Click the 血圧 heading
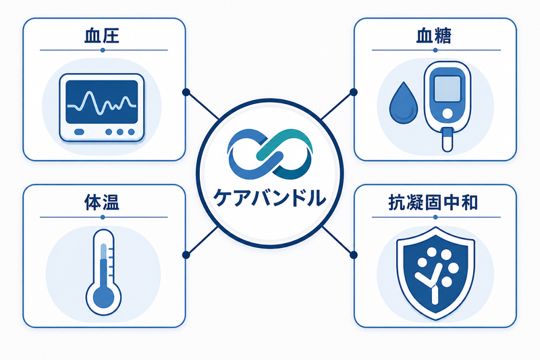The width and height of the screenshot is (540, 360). pyautogui.click(x=102, y=36)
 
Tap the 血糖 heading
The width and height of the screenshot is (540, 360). pyautogui.click(x=433, y=36)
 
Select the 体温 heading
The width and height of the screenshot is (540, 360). pyautogui.click(x=102, y=203)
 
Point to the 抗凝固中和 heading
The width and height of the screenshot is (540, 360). pyautogui.click(x=433, y=203)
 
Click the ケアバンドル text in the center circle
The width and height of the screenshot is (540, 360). pyautogui.click(x=269, y=198)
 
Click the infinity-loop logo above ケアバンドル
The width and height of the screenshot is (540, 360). pyautogui.click(x=270, y=154)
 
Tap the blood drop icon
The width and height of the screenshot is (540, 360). pyautogui.click(x=403, y=103)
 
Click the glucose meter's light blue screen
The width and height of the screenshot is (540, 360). pyautogui.click(x=447, y=88)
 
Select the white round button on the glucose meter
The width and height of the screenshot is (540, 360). pyautogui.click(x=448, y=113)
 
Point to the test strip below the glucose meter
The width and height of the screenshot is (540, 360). pyautogui.click(x=447, y=139)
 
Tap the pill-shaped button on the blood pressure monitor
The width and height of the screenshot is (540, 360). pyautogui.click(x=79, y=132)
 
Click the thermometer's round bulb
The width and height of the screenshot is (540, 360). pyautogui.click(x=103, y=297)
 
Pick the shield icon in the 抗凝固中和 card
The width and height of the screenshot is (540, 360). pyautogui.click(x=435, y=273)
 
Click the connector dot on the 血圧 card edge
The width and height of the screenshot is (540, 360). pyautogui.click(x=186, y=93)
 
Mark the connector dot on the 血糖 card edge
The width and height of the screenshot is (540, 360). pyautogui.click(x=353, y=93)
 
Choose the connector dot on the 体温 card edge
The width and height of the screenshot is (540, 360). pyautogui.click(x=186, y=255)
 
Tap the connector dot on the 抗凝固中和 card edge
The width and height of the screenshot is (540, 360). pyautogui.click(x=353, y=255)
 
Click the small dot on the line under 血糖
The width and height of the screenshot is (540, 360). pyautogui.click(x=435, y=50)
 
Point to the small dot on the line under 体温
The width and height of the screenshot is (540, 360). pyautogui.click(x=103, y=217)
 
